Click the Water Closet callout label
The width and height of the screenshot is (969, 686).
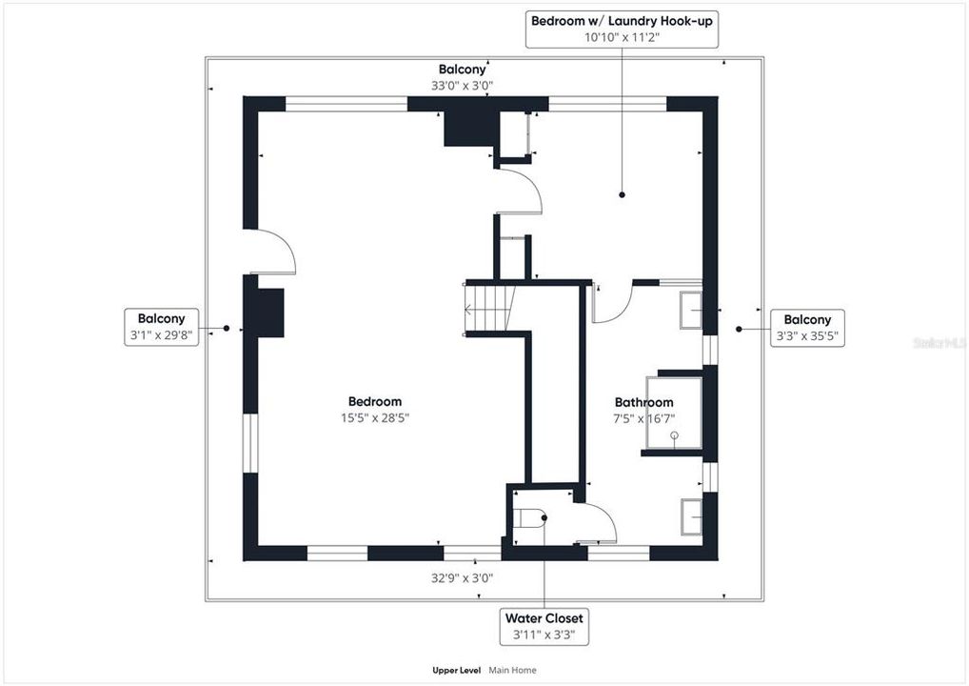(x=544, y=627)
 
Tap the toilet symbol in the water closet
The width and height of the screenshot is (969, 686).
(x=529, y=517)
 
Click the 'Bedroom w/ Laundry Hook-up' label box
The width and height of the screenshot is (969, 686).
(x=622, y=29)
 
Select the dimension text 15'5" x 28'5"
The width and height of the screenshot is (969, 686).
(x=374, y=418)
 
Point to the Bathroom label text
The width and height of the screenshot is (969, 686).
(x=644, y=403)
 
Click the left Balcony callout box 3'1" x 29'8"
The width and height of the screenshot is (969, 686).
(x=161, y=327)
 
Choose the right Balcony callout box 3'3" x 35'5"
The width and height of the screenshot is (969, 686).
(x=807, y=328)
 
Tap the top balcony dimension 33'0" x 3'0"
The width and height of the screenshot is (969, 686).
(x=463, y=86)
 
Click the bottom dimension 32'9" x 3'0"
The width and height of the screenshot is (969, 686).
(x=463, y=578)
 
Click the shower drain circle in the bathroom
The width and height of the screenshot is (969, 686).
(x=674, y=435)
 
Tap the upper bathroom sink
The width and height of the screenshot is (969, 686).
(x=691, y=311)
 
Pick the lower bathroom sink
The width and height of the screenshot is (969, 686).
(x=691, y=516)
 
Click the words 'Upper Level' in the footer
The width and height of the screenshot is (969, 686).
(x=457, y=670)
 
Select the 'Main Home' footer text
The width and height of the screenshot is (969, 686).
(x=512, y=670)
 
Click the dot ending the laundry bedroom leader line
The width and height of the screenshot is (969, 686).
(x=622, y=195)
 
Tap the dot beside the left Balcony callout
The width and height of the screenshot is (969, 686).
(x=227, y=328)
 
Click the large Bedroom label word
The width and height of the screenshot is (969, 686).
(x=374, y=402)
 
